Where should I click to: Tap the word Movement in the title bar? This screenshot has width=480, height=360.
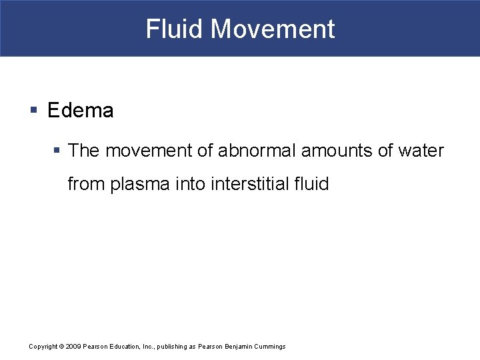point(272,29)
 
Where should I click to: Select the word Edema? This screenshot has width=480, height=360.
point(81,111)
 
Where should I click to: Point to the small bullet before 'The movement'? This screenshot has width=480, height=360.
point(57,151)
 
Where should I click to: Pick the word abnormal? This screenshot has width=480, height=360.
point(255,151)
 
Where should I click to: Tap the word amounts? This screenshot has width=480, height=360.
point(337,151)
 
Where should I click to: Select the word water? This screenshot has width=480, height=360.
point(421,151)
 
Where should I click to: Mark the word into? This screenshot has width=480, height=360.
point(191,184)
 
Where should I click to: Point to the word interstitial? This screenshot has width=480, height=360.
point(253,184)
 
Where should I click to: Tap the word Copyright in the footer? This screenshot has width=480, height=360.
point(43,347)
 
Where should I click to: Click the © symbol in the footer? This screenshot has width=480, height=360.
point(61,347)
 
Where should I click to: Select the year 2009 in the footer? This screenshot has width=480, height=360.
point(73,347)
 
